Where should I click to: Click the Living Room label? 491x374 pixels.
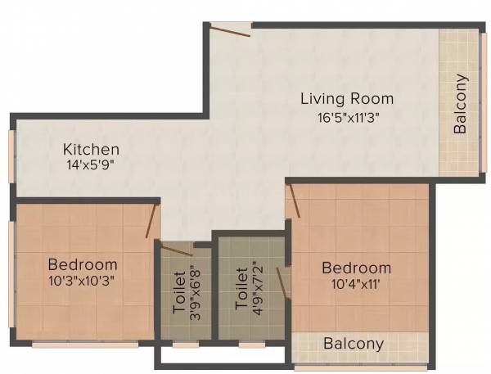pos(346,99)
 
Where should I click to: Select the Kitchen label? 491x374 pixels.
pos(92,150)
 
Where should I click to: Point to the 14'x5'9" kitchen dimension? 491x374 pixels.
pos(92,166)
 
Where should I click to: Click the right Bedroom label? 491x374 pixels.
pos(356,268)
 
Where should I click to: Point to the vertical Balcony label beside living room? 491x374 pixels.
pos(461,104)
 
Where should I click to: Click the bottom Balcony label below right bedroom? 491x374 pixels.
pos(354,344)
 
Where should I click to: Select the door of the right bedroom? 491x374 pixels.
pos(293,201)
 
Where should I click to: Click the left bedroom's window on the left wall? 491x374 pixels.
pos(11,262)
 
